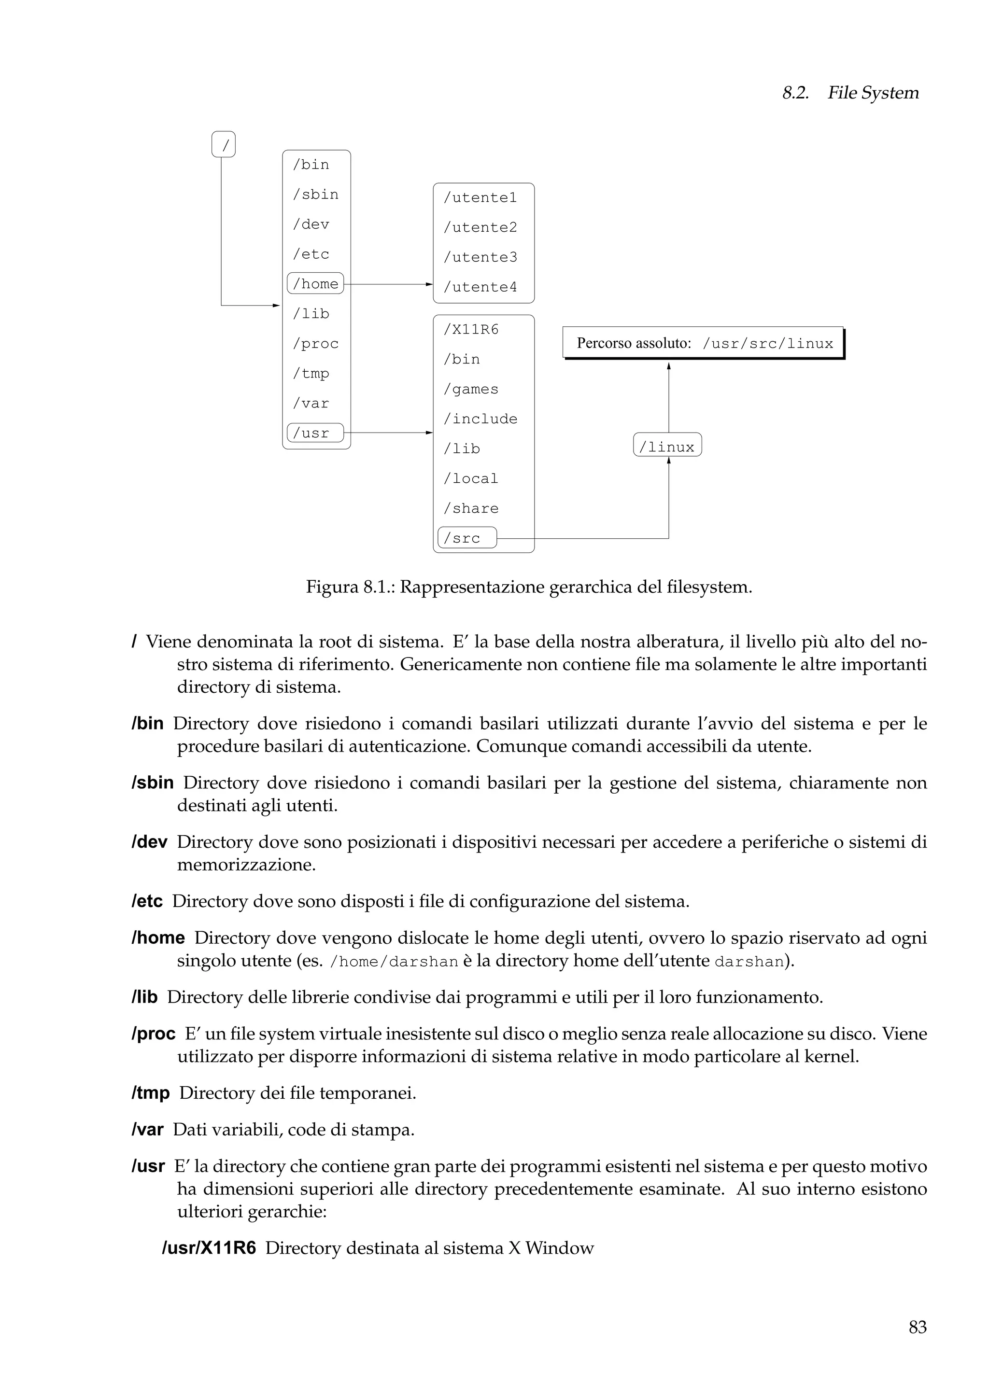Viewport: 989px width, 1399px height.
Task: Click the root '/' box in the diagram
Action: pyautogui.click(x=224, y=144)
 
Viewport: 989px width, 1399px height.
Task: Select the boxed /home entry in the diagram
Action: pyautogui.click(x=315, y=283)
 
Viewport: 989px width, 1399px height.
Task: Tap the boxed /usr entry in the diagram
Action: pyautogui.click(x=315, y=433)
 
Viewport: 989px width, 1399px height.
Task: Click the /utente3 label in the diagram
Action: pyautogui.click(x=480, y=257)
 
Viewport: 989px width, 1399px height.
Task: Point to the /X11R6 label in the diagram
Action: pyautogui.click(x=471, y=330)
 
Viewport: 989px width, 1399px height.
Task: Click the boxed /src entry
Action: pyautogui.click(x=467, y=538)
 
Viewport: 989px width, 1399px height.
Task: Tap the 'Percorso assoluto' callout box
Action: pyautogui.click(x=703, y=343)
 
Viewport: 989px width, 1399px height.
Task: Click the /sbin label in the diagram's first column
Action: pyautogui.click(x=315, y=195)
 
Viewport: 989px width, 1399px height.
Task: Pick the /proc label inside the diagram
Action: pyautogui.click(x=315, y=344)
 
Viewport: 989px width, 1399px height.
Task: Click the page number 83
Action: pyautogui.click(x=917, y=1327)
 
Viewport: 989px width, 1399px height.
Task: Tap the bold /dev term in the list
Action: pyautogui.click(x=149, y=842)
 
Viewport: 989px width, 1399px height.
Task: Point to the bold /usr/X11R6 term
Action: pyautogui.click(x=209, y=1248)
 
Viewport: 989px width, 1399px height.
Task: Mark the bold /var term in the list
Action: pyautogui.click(x=147, y=1130)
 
